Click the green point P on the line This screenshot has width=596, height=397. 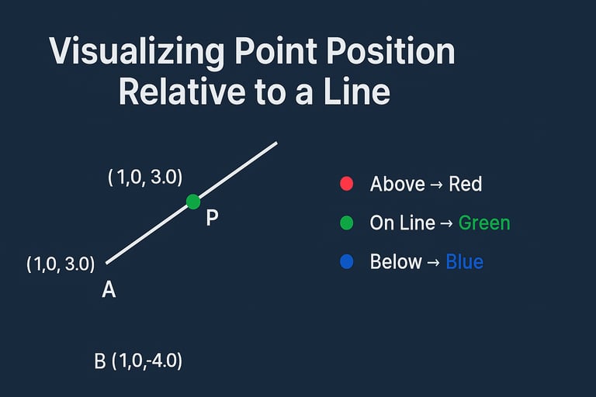(x=193, y=202)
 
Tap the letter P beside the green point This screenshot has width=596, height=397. (x=212, y=218)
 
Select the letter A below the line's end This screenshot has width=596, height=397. (x=109, y=290)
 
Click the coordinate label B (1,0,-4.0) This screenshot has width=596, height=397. (x=138, y=361)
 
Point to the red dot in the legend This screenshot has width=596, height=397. (x=346, y=184)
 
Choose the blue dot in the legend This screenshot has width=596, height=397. (x=346, y=262)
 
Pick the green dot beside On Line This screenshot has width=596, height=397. (x=346, y=223)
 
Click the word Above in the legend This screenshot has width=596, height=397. (x=397, y=185)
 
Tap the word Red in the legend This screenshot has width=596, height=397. (x=466, y=185)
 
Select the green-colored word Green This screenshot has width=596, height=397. (x=484, y=223)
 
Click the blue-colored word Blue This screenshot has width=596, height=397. (x=465, y=262)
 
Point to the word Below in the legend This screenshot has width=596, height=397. (x=396, y=262)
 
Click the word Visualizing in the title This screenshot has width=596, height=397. (x=137, y=52)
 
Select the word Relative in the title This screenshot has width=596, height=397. (x=182, y=91)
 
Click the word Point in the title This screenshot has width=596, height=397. (x=275, y=51)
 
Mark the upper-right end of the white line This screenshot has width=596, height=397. (x=277, y=143)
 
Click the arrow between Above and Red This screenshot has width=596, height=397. (x=437, y=185)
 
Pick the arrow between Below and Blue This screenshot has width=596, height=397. (x=434, y=262)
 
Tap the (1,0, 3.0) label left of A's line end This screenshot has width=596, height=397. (x=61, y=264)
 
